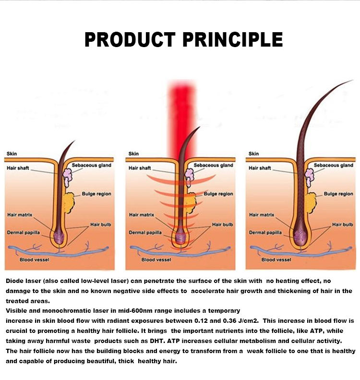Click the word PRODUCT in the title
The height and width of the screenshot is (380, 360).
coord(130,39)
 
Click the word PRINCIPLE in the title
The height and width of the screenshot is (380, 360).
coord(233,39)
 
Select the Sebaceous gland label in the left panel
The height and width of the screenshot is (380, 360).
coord(91,165)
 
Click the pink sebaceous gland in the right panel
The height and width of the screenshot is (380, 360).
coord(309,177)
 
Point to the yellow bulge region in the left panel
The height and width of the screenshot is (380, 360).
coord(69,203)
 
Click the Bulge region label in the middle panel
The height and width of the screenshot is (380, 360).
coord(218,194)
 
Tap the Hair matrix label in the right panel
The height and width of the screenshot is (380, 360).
coord(262,215)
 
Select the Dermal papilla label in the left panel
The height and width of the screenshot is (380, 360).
coord(23,233)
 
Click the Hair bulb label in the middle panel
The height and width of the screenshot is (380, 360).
coord(222,225)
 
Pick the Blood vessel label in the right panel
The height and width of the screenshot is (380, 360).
coord(276,259)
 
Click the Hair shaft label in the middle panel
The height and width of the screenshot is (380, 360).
coord(140,168)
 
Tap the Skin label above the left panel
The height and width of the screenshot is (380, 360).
coord(12,154)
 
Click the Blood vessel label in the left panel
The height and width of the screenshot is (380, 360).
coord(35,259)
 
